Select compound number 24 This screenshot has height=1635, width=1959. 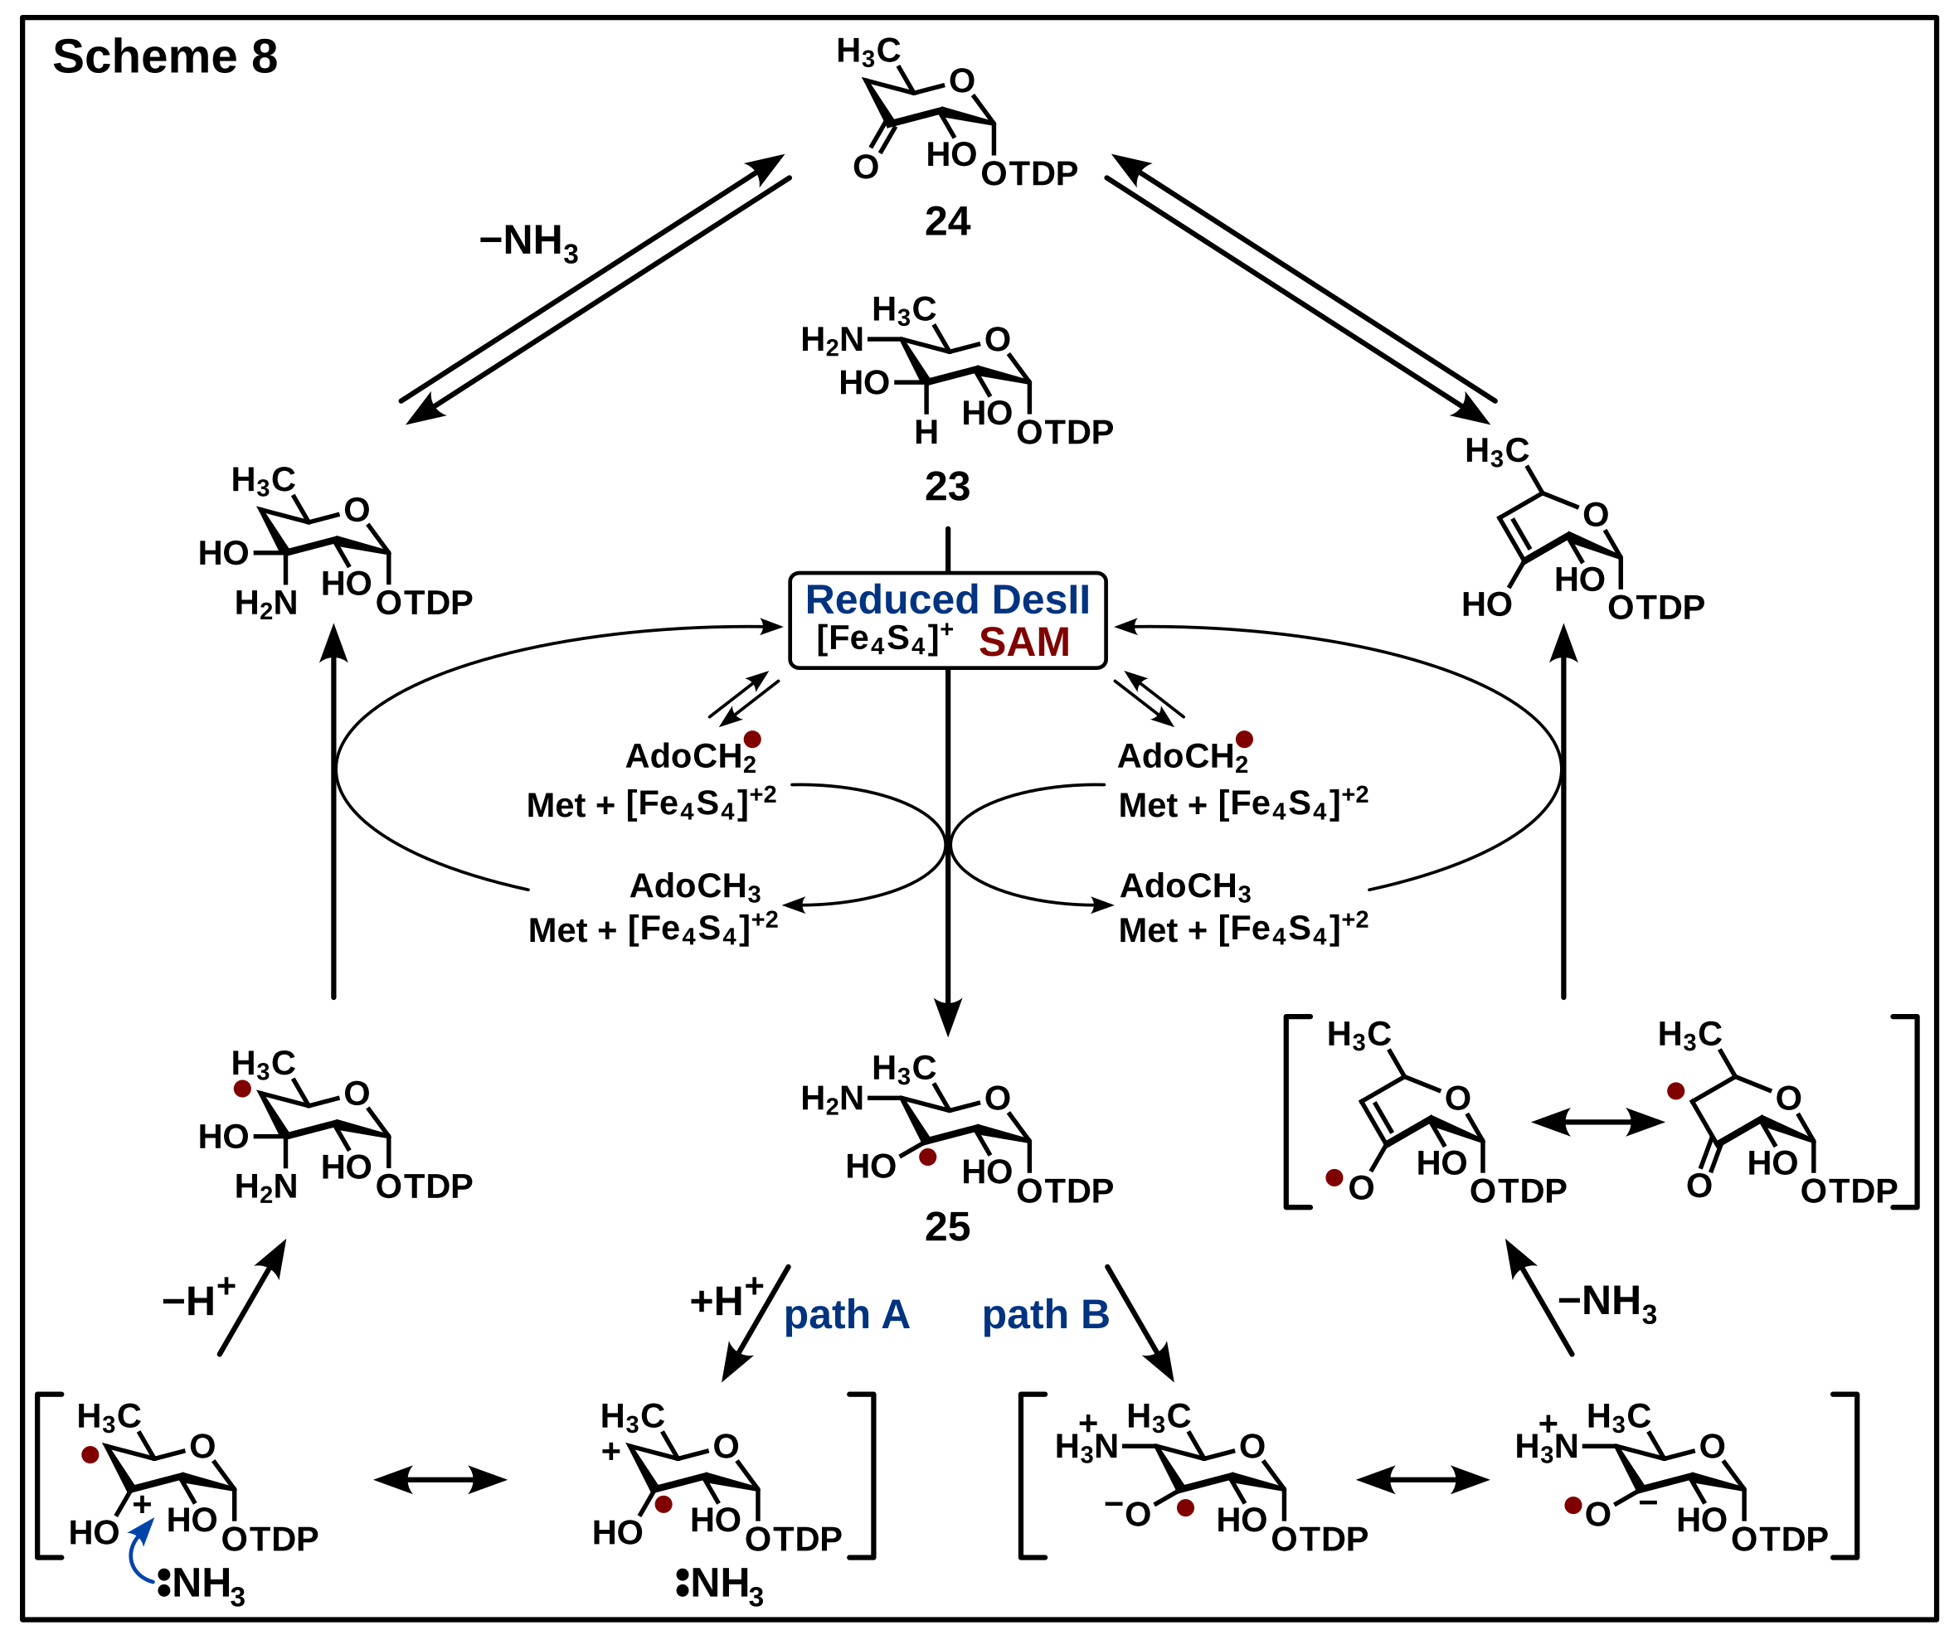(947, 222)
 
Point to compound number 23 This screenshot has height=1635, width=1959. (947, 487)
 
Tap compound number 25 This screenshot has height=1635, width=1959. (947, 1227)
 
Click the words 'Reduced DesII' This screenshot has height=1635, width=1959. (947, 599)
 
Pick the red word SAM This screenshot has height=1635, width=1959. (1023, 643)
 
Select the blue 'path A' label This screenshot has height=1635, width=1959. (846, 1315)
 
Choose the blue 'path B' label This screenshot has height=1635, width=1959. (1046, 1315)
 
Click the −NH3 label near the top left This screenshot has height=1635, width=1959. (529, 241)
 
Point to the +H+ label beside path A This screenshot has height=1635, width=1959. (727, 1299)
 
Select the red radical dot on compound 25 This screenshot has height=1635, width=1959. (927, 1157)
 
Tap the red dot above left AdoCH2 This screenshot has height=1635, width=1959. (752, 740)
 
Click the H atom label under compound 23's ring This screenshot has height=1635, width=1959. (926, 433)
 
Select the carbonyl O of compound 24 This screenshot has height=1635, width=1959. (866, 167)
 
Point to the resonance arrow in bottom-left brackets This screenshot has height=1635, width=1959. (440, 1480)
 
